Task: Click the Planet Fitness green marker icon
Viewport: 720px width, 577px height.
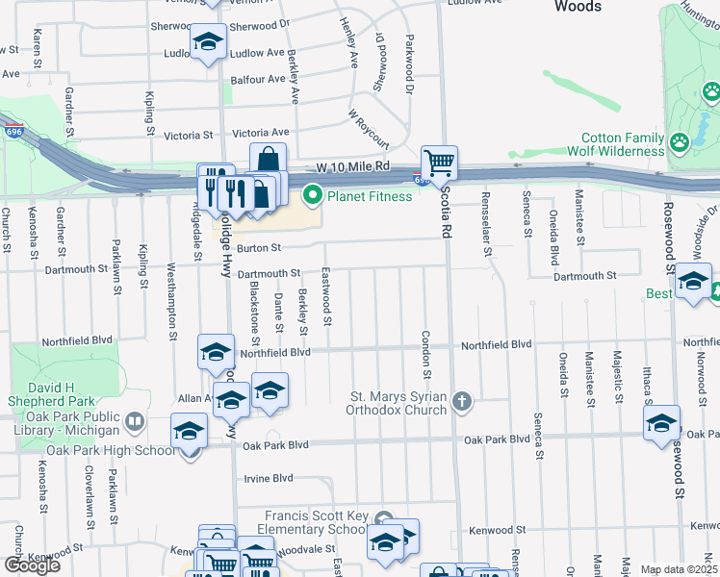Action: [312, 196]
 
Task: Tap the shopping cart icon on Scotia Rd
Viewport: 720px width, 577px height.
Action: [439, 163]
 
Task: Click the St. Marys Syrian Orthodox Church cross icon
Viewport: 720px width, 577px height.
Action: [462, 402]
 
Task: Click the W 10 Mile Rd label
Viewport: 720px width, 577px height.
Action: [355, 166]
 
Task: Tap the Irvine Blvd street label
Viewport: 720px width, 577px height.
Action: [268, 478]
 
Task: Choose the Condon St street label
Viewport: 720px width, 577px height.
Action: [424, 354]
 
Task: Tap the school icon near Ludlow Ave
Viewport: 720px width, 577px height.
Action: [206, 44]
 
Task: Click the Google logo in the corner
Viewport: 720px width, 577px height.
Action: [32, 565]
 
